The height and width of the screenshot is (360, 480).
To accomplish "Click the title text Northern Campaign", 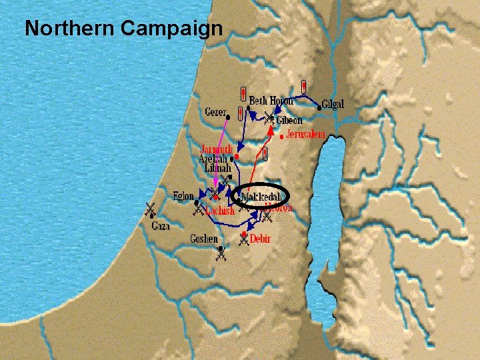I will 123,29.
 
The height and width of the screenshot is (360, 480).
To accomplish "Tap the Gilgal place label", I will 333,105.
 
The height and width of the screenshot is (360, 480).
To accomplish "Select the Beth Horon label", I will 271,101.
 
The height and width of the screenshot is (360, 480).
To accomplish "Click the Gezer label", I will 215,111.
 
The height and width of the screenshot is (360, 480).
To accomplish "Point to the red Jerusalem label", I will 305,135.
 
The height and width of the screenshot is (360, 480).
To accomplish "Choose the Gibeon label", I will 289,121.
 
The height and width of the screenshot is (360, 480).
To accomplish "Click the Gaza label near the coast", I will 160,226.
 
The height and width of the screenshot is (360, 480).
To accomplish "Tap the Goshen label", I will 203,238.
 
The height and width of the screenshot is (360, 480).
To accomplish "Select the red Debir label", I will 260,238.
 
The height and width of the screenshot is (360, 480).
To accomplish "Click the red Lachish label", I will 220,211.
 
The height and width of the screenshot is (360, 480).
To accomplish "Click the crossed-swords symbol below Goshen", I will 219,252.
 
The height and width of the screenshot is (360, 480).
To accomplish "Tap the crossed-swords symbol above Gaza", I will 151,210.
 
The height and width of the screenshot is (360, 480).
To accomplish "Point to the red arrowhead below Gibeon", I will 269,131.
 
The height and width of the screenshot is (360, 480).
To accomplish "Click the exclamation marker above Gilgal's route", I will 303,87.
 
